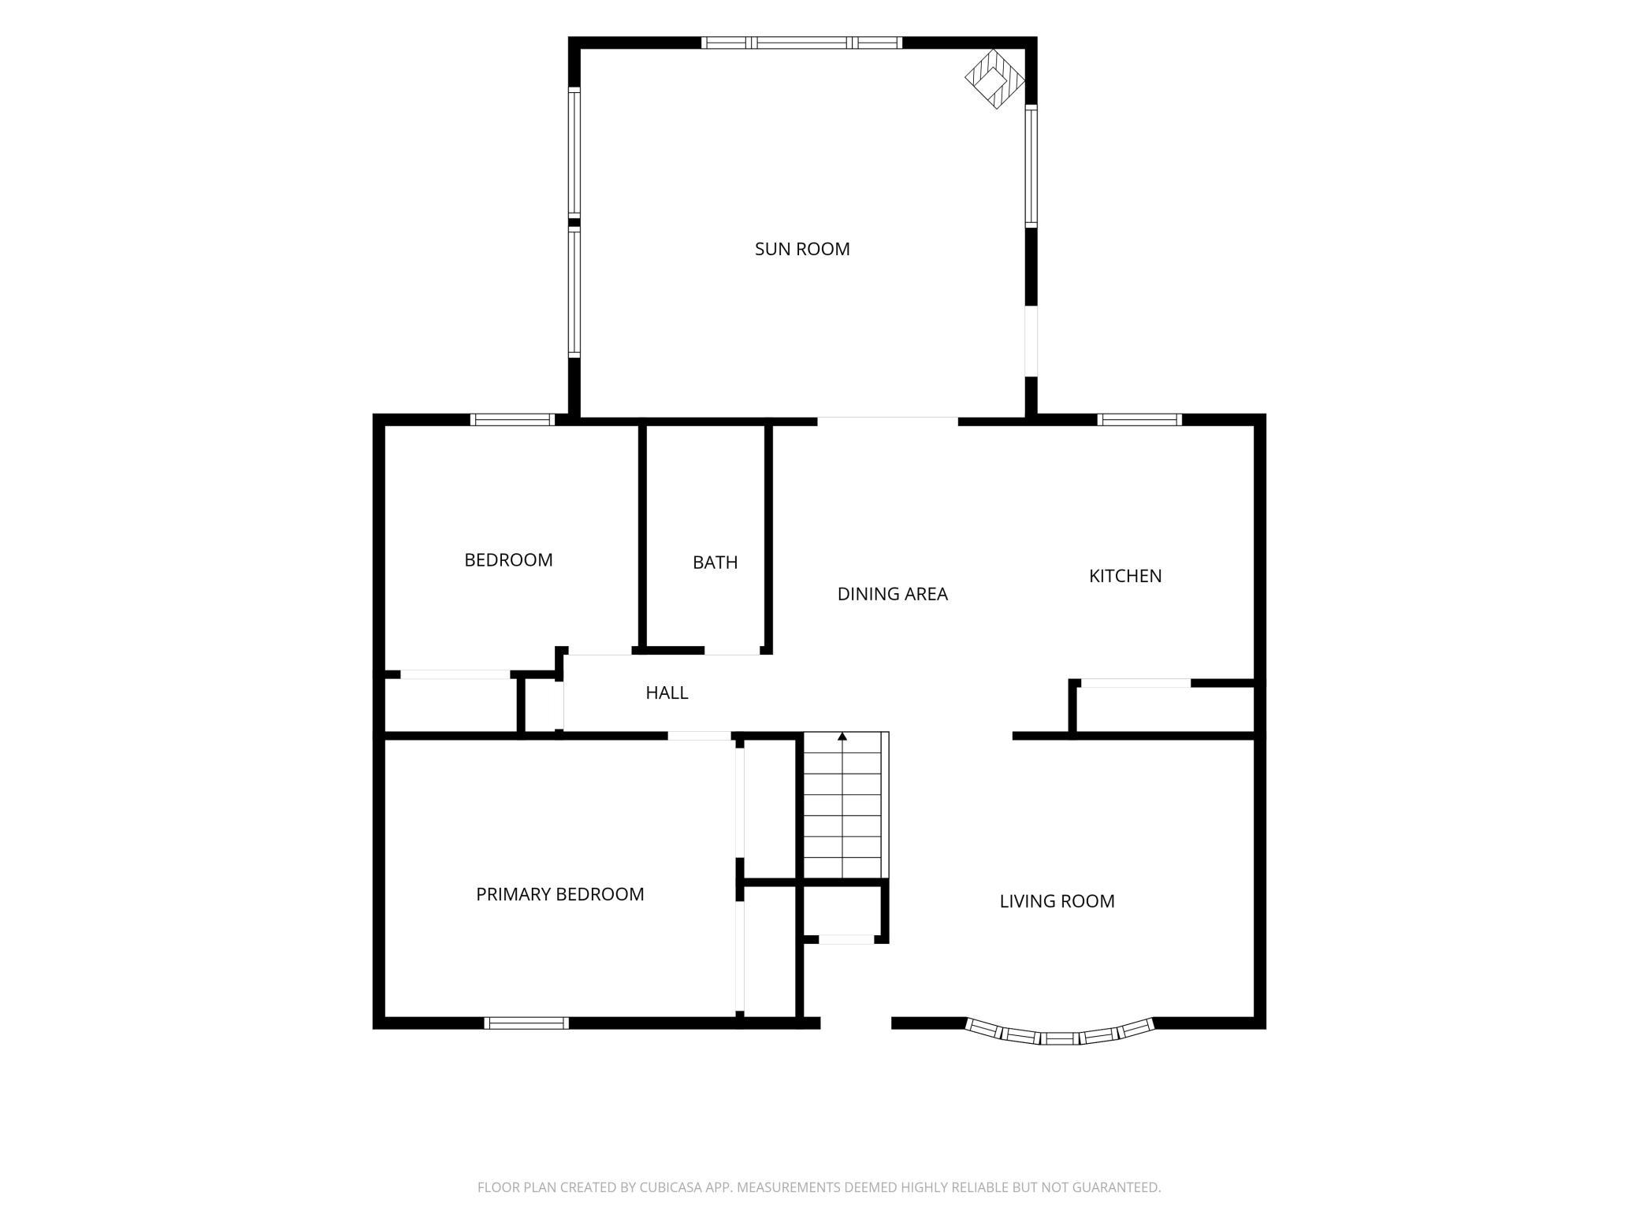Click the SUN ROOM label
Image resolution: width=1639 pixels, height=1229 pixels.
[x=802, y=249]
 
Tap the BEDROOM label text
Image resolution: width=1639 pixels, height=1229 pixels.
[x=508, y=560]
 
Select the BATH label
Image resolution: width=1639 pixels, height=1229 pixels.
[x=715, y=563]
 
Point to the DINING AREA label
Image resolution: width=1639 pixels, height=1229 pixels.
[x=892, y=594]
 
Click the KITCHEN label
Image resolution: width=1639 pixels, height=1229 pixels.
[x=1125, y=576]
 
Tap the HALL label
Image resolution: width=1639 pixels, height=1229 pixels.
[x=667, y=692]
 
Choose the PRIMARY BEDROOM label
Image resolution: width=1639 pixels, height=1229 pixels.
[x=560, y=894]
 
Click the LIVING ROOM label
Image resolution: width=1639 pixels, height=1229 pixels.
[x=1057, y=901]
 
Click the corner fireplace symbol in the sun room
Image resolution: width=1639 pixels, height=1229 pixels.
[x=995, y=79]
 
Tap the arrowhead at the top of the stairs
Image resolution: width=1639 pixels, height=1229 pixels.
[x=842, y=737]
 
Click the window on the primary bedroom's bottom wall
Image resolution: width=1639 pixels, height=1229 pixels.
[x=526, y=1023]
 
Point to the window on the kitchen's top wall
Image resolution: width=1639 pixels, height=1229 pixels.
[x=1139, y=419]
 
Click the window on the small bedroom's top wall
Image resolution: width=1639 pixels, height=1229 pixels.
[x=512, y=419]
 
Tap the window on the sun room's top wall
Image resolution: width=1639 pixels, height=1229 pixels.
[x=802, y=43]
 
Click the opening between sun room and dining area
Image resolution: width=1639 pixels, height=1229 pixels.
[x=887, y=419]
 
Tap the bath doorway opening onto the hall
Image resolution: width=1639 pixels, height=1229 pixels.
[x=732, y=651]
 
